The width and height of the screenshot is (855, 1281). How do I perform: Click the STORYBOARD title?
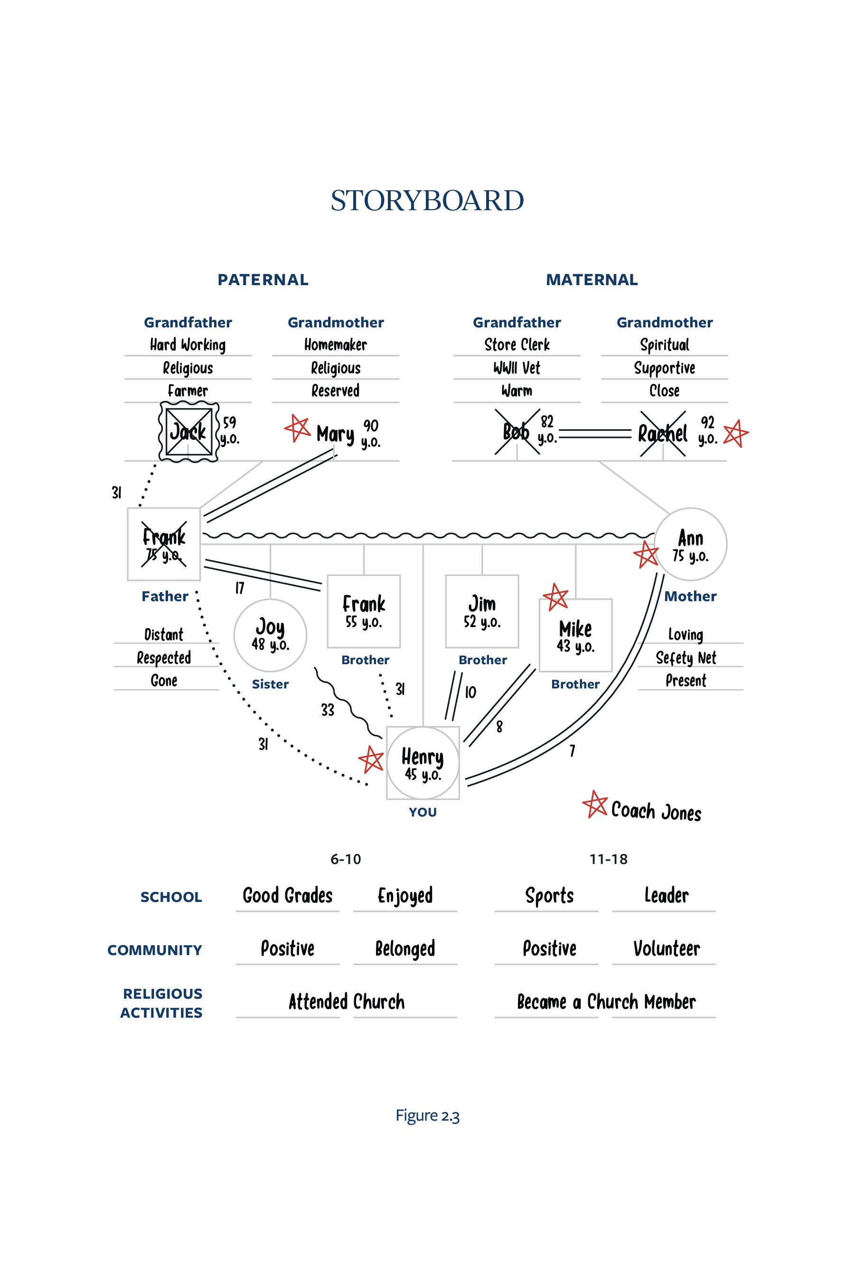(x=427, y=201)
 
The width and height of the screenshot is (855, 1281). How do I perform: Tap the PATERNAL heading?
(x=263, y=279)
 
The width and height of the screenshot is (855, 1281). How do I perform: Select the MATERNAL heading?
(x=592, y=279)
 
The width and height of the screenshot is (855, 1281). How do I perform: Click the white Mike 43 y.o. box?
(x=575, y=635)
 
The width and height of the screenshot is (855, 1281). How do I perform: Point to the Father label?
(x=165, y=596)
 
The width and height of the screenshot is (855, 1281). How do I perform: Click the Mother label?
(x=690, y=596)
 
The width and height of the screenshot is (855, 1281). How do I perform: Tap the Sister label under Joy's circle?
(x=270, y=684)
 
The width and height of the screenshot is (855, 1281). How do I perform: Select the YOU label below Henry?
(x=423, y=812)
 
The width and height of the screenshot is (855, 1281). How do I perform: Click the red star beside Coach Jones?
(x=595, y=804)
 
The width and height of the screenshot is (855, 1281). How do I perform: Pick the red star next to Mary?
(x=298, y=428)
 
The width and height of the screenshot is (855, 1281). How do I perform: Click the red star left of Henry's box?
(x=371, y=759)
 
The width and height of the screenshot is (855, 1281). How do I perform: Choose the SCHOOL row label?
(x=171, y=897)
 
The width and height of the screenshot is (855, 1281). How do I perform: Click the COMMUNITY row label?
(x=155, y=950)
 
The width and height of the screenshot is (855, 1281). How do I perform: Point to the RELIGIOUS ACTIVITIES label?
(x=162, y=1003)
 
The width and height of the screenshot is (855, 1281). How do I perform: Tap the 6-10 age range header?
(x=346, y=859)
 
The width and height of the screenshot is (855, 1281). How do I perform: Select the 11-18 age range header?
(x=608, y=859)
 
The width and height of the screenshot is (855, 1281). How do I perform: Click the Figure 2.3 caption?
(x=427, y=1115)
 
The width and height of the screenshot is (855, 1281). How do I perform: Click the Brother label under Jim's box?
(x=483, y=660)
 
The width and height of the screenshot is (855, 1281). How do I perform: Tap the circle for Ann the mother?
(x=690, y=544)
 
